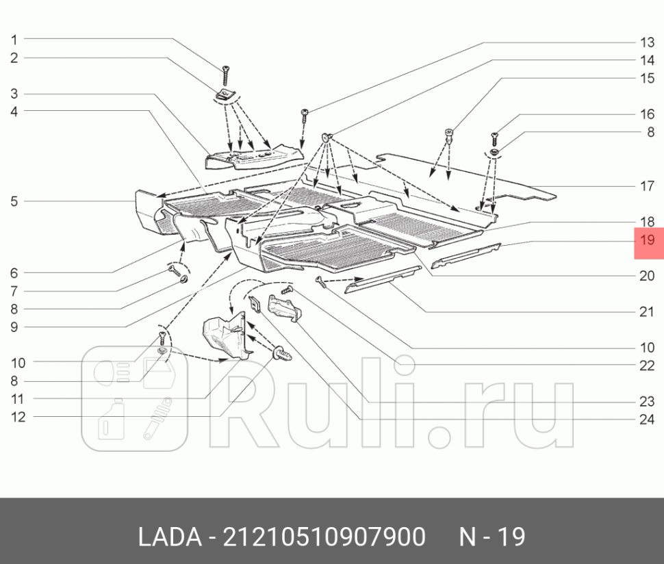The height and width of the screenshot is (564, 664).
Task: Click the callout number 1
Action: coord(14,40)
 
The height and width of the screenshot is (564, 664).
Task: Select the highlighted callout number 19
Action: coord(648,240)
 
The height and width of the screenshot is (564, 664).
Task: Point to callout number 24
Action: coord(648,420)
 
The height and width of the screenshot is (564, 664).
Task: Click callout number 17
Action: coord(648,185)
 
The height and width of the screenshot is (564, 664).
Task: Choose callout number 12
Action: coord(18,416)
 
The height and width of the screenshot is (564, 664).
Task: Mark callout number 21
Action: coord(648,312)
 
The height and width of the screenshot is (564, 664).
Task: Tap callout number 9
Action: coord(14,326)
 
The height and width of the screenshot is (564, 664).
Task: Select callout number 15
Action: coord(648,78)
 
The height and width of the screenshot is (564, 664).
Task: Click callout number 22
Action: coord(648,366)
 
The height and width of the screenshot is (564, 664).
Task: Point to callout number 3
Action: coord(14,94)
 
